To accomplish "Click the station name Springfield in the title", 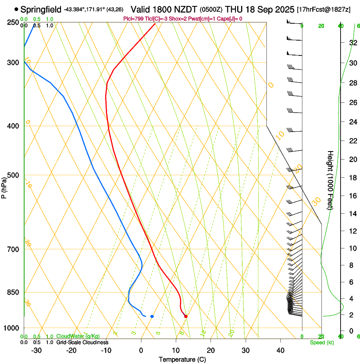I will [x=41, y=9].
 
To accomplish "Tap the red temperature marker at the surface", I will [x=186, y=316].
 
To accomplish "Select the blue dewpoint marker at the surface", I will [x=152, y=316].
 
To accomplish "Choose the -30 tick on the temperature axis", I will [x=36, y=350].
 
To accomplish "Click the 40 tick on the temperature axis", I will [x=280, y=350].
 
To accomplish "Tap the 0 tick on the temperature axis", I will [x=141, y=350].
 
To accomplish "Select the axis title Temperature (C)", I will [x=182, y=360].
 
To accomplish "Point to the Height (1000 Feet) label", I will [x=330, y=180].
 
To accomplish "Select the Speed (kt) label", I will [x=321, y=342].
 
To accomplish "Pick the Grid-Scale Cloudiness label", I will [x=82, y=342].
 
